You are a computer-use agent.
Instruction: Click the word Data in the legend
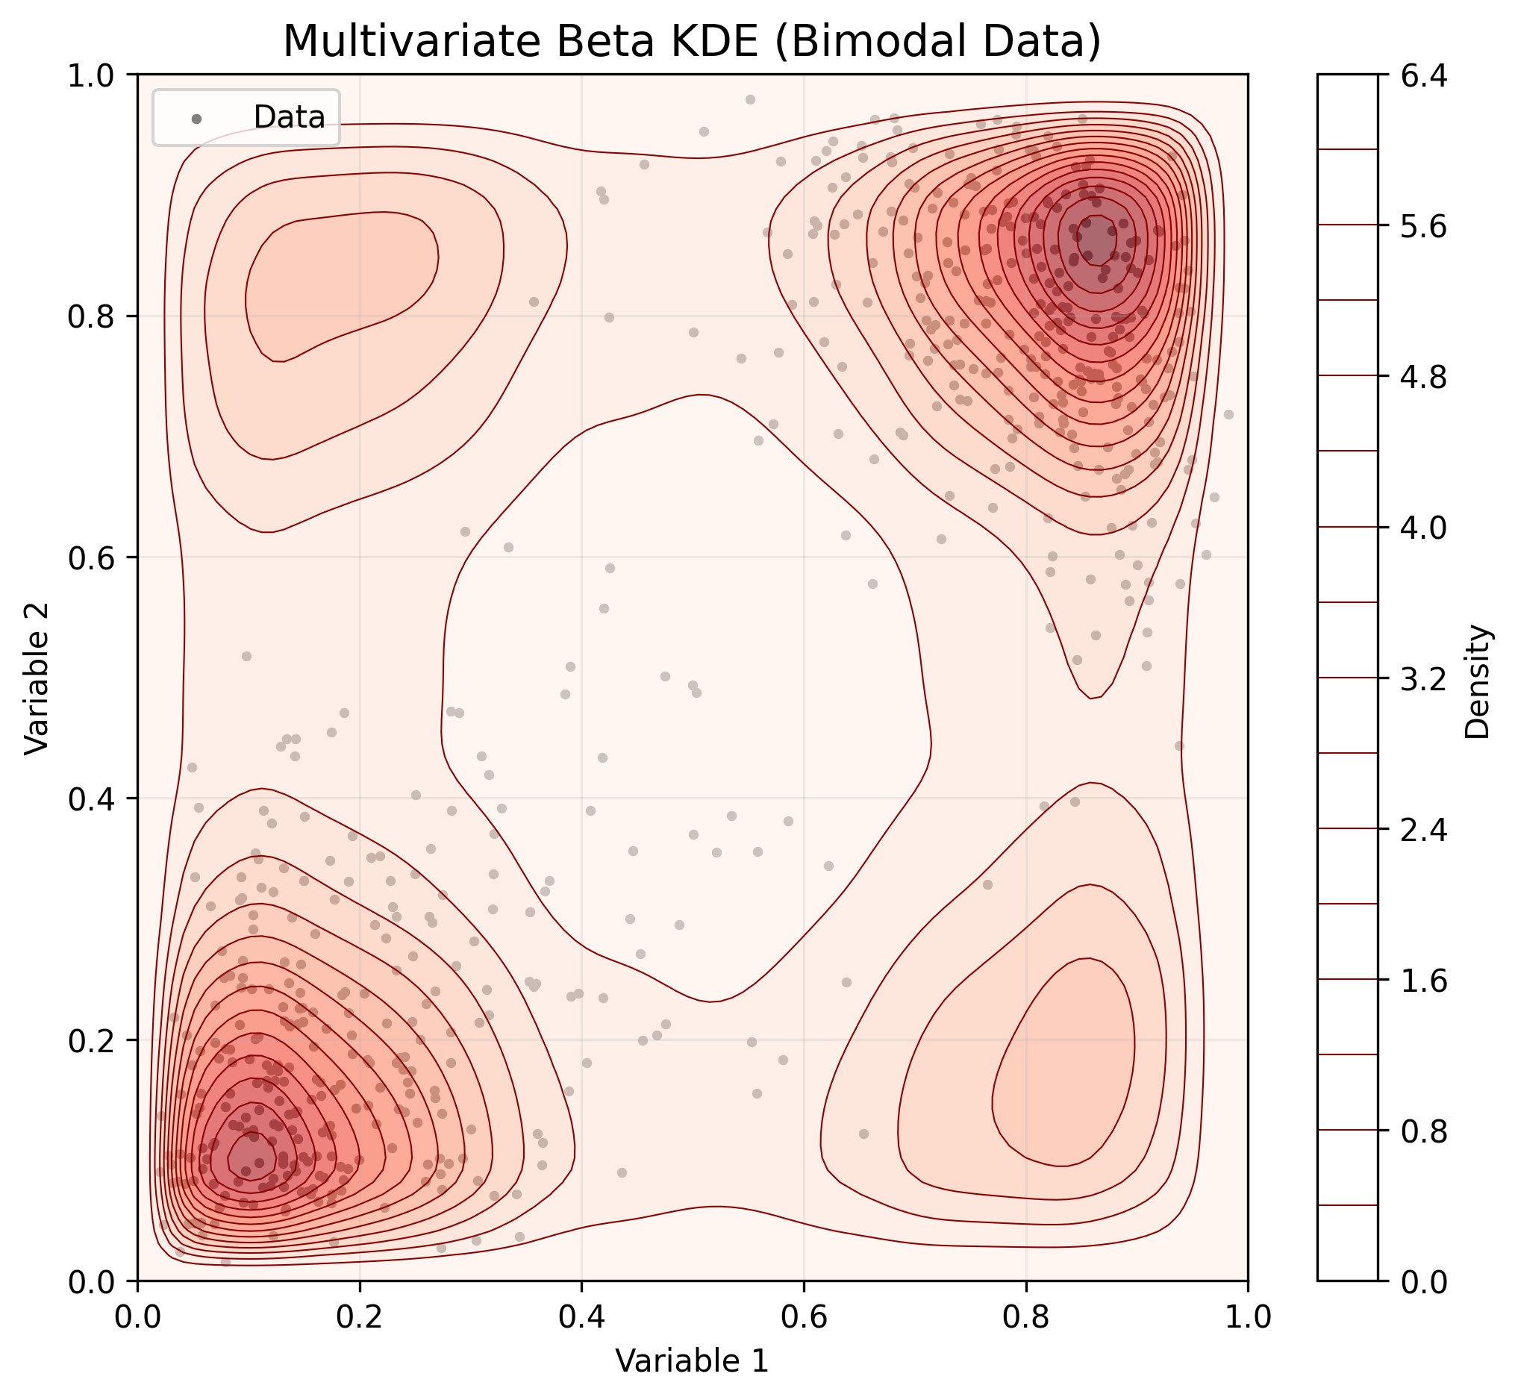290,117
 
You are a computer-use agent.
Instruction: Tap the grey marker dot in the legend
197,118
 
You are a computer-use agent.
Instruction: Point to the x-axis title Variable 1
692,1360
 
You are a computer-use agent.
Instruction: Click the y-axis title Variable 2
37,678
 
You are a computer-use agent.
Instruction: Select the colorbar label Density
1477,681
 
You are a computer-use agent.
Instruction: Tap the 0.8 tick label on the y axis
92,316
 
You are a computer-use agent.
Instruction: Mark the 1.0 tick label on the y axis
92,76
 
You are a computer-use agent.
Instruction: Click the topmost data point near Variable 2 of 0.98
750,99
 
